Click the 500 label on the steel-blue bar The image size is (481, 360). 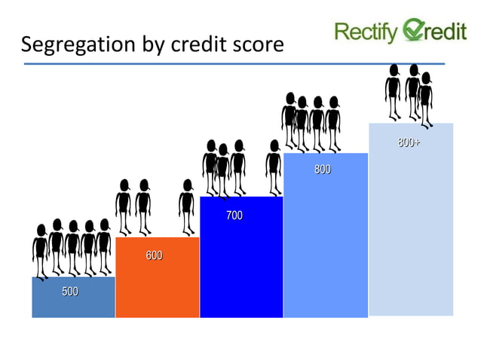point(70,291)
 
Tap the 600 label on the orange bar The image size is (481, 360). point(154,256)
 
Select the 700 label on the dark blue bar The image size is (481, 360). point(234,216)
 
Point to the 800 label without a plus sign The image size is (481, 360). point(322,170)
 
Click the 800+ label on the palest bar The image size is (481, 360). point(409,142)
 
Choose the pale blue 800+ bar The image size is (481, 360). point(411,233)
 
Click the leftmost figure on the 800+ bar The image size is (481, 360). point(393,90)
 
